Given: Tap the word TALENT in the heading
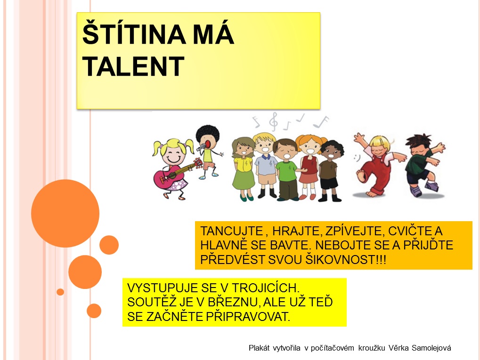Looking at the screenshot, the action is (x=133, y=66).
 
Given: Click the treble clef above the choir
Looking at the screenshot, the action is (x=273, y=122).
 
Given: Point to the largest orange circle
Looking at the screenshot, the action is (x=65, y=213).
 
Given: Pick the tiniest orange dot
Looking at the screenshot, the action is (x=60, y=292).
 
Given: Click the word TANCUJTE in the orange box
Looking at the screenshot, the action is (x=232, y=231).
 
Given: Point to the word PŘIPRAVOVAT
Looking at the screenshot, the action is (x=247, y=316).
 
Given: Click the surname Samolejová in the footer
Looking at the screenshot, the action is (x=431, y=348).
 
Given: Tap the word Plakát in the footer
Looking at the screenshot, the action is (x=259, y=348).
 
